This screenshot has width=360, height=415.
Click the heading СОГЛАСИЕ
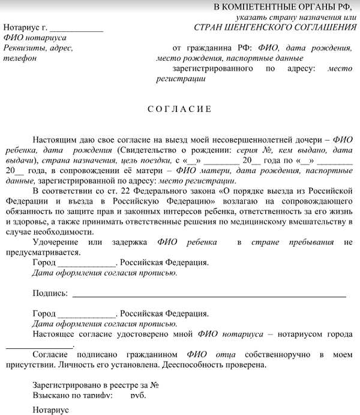coord(179,109)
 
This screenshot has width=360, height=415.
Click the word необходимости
coord(62,232)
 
